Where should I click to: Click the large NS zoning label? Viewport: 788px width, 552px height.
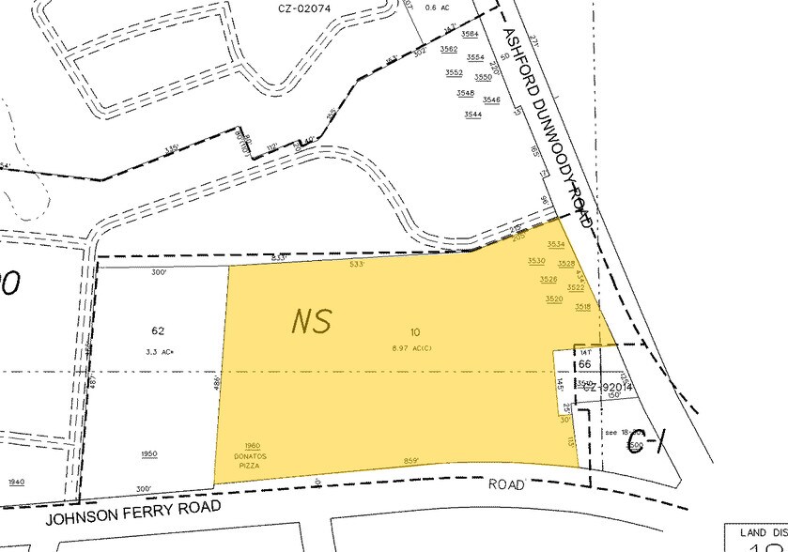[x=312, y=321]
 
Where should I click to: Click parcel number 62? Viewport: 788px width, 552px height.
[x=157, y=330]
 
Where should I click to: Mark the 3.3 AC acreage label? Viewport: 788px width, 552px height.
[x=157, y=350]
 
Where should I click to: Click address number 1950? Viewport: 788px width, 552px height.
[x=149, y=453]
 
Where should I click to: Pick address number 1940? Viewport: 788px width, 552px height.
[x=16, y=481]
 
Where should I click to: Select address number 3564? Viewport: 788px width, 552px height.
[x=470, y=34]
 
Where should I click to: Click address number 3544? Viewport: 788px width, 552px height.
[x=472, y=115]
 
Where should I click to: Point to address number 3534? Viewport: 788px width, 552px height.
[x=556, y=244]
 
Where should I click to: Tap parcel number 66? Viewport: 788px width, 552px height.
[x=583, y=363]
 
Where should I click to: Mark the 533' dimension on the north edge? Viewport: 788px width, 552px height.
[x=357, y=265]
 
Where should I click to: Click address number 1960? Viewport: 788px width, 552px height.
[x=252, y=445]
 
